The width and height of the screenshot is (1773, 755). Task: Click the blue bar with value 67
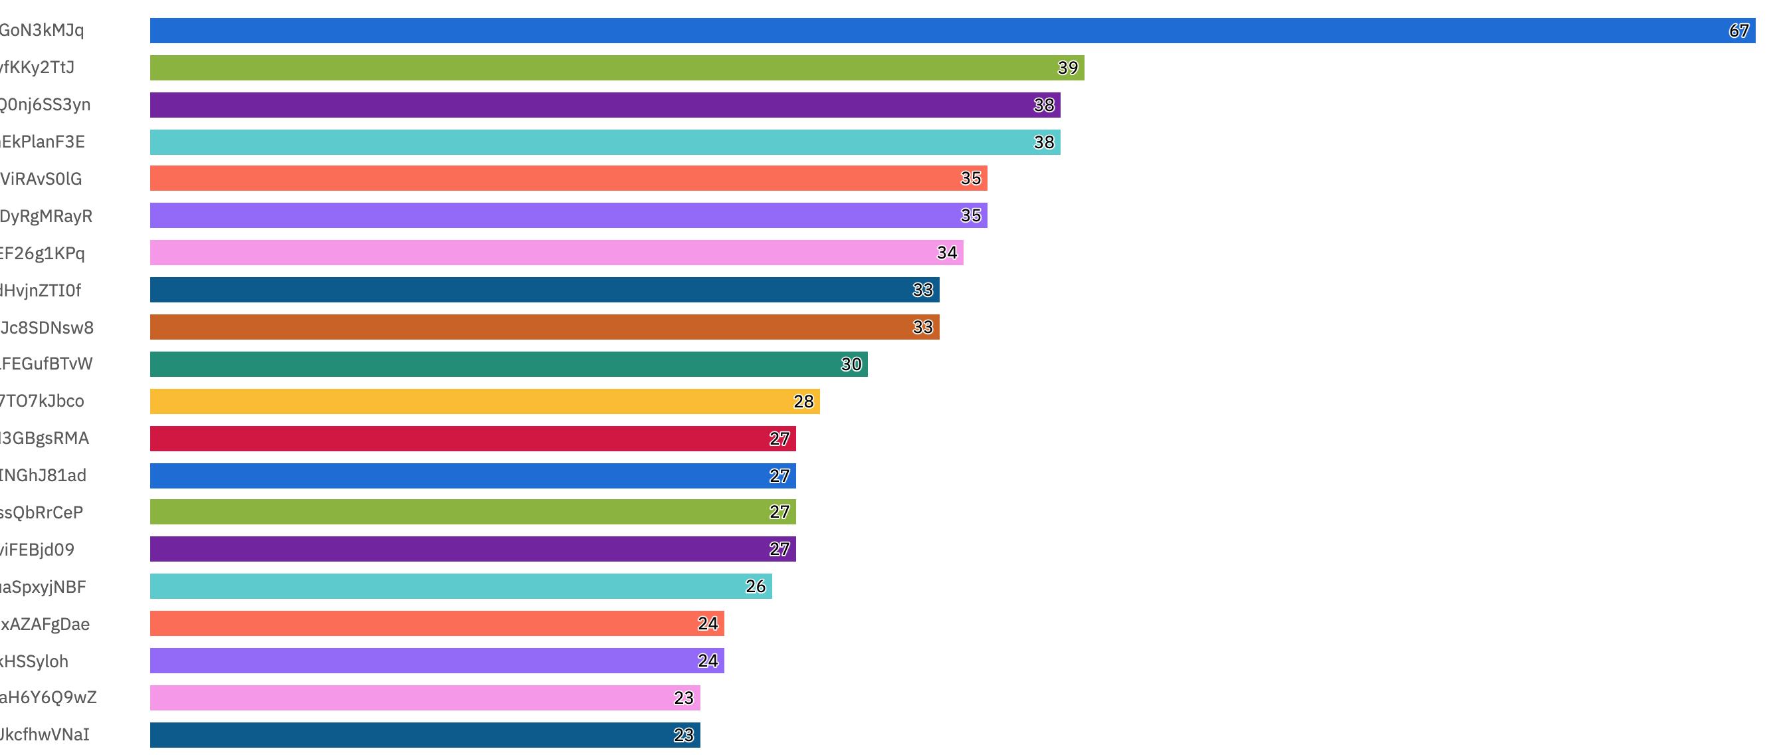950,31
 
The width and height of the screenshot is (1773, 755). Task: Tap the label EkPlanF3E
43,142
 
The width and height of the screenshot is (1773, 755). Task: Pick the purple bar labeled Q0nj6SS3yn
604,105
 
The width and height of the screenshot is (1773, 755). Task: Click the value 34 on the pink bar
947,253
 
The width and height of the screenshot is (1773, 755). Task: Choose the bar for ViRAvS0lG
568,178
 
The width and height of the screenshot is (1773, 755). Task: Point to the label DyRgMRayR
46,217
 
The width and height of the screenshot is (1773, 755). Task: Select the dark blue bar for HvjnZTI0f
544,290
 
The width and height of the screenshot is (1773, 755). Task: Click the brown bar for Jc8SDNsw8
544,328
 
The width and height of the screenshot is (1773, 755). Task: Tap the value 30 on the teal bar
851,365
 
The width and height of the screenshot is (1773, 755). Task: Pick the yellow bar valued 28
484,402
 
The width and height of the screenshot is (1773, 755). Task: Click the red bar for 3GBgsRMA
472,439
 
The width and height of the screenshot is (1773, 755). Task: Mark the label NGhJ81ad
43,476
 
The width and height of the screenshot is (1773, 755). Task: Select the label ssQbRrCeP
41,512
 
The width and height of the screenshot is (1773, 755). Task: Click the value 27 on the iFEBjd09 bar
779,549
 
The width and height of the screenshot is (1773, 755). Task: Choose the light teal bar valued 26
461,586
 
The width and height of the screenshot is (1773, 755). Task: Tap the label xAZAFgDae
45,624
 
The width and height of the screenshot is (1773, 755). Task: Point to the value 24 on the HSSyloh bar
708,661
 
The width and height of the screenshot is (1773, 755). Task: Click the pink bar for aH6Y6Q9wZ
425,698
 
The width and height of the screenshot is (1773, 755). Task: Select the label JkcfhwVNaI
45,735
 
